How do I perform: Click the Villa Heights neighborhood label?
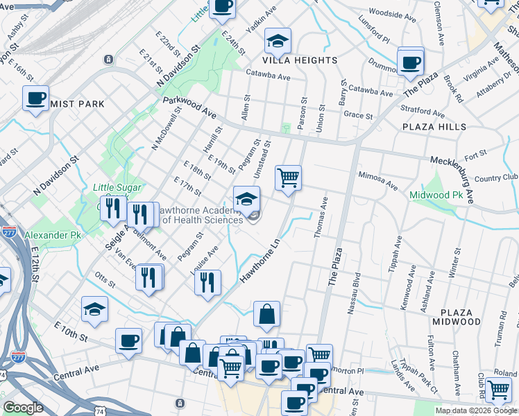(300, 60)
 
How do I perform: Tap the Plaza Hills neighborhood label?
(433, 127)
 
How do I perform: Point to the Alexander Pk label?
(53, 236)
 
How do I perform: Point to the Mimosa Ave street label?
(378, 182)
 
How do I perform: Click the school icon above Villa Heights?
(278, 42)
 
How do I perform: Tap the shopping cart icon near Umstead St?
(288, 178)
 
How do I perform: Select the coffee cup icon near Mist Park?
(35, 98)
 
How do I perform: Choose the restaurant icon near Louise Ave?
(207, 282)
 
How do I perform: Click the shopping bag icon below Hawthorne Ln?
(266, 314)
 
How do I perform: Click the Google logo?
(23, 408)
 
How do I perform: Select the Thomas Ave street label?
(321, 218)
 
